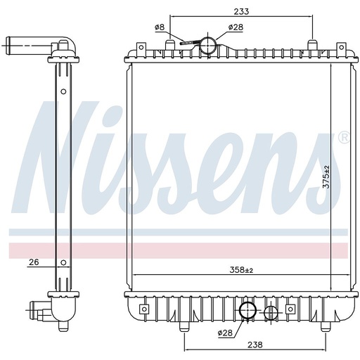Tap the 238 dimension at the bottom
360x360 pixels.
254,345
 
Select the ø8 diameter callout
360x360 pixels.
160,27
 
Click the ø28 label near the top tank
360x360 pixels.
236,27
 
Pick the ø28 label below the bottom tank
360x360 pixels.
226,332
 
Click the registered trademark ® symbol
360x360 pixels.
343,138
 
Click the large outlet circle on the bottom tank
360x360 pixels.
248,310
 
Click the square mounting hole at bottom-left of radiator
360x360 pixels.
143,309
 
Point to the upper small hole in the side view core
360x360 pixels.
63,91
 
